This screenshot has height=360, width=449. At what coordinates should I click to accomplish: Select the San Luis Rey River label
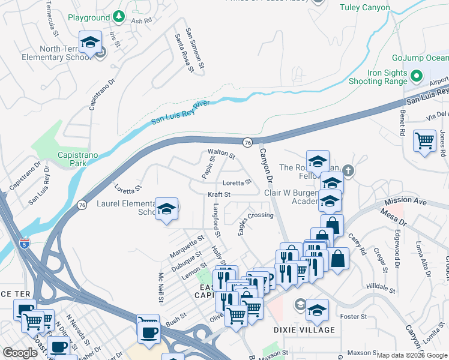point(180,112)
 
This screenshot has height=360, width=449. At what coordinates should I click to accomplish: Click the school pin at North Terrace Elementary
point(90,43)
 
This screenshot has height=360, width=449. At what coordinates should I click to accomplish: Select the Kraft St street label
point(219,195)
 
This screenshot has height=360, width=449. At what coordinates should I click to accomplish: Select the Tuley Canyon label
point(365,8)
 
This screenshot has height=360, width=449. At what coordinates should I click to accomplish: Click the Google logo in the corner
point(20,353)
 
